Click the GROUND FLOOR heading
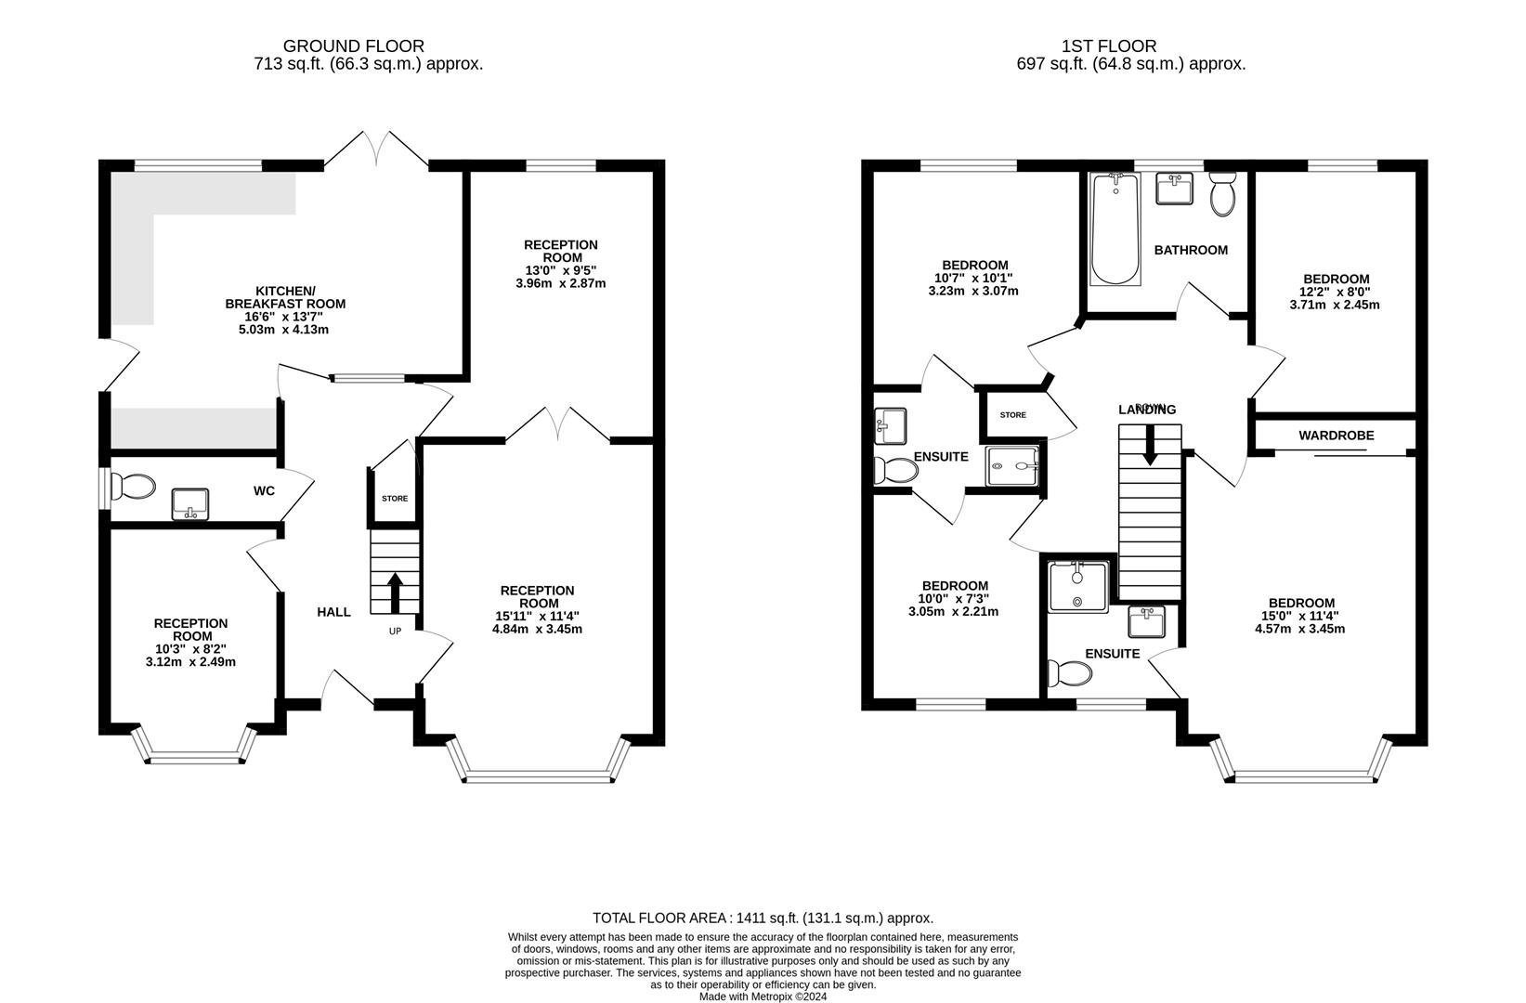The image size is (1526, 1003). coord(353,46)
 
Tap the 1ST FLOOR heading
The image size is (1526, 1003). coord(1109,46)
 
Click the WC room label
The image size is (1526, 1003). coord(264,490)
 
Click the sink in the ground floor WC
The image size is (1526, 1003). coord(189,504)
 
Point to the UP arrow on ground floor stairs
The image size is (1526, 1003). coord(395,592)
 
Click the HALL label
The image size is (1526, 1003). coord(333,611)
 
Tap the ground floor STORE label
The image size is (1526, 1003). coord(395,499)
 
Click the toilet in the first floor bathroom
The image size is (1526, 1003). coord(1222,195)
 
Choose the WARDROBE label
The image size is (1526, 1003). coord(1336,436)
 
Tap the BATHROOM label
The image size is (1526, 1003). coord(1191,250)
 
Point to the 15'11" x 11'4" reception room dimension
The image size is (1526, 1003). coord(537,616)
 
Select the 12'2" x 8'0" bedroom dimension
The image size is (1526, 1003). coord(1336,292)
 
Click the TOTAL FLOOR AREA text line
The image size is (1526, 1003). coord(763,918)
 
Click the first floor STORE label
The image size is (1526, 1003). coord(1013,415)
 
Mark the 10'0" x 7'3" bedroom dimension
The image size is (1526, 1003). coord(954,599)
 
